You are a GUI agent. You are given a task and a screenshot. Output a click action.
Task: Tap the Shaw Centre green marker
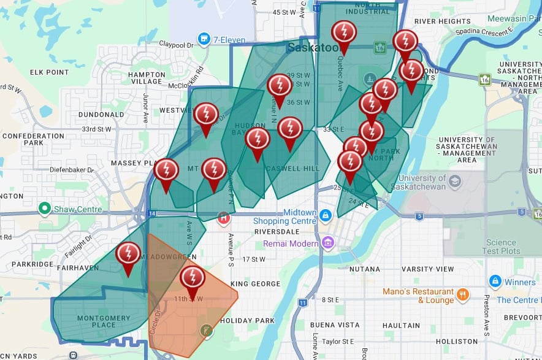(44, 209)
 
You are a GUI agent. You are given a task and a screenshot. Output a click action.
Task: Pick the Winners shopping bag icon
(495, 282)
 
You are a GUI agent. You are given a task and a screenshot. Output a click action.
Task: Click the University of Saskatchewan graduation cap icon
(454, 182)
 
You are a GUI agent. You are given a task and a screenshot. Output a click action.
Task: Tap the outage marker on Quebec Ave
(343, 33)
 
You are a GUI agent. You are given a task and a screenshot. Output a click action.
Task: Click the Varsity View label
(428, 269)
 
